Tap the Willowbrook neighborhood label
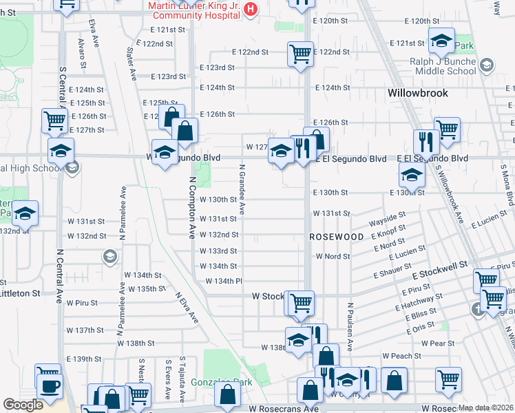tap(417, 93)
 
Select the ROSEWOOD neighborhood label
tap(336, 237)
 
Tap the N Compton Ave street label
tap(191, 206)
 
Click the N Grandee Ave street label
tap(242, 189)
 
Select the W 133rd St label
tap(218, 251)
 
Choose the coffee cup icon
tap(49, 385)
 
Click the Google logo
tap(23, 405)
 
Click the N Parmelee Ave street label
tap(123, 213)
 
